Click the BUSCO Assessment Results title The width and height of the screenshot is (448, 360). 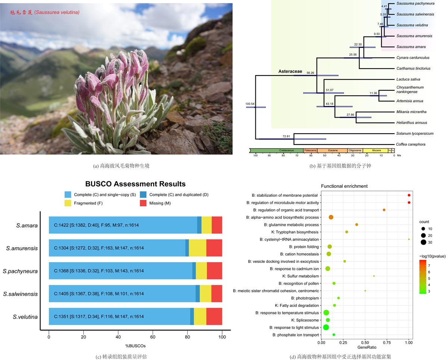(x=135, y=184)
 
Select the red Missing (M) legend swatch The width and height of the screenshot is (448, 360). (x=143, y=203)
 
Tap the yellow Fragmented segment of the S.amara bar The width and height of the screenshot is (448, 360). (x=206, y=225)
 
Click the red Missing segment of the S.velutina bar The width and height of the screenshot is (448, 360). (x=214, y=317)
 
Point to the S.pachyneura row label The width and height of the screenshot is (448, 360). (x=22, y=271)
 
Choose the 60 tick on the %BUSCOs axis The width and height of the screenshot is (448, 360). (x=153, y=336)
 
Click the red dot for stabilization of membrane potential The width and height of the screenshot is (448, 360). (x=409, y=195)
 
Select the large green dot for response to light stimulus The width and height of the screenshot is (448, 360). (x=326, y=328)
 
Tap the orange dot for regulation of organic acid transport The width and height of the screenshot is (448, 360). (x=384, y=210)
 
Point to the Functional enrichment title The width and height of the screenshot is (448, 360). (x=344, y=186)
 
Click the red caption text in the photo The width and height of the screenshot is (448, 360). (x=45, y=12)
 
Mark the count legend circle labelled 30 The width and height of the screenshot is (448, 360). (x=423, y=242)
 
